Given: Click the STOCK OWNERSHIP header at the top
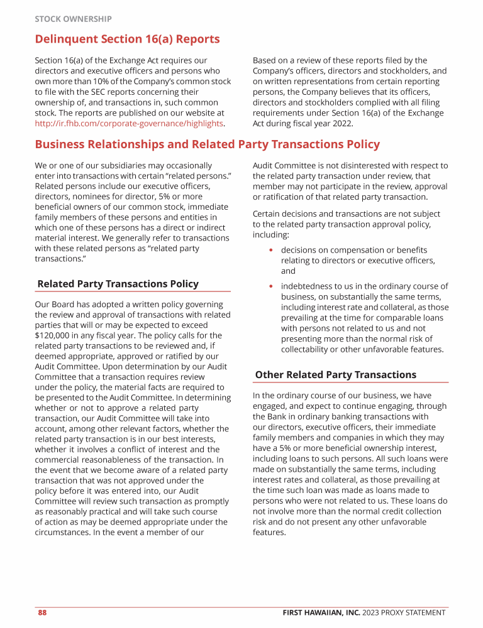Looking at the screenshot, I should pyautogui.click(x=73, y=19).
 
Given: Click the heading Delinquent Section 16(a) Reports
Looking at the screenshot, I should pyautogui.click(x=127, y=39).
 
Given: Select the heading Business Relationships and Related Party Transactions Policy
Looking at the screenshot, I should pyautogui.click(x=207, y=144).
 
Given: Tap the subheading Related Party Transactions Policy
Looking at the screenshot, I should pyautogui.click(x=118, y=284).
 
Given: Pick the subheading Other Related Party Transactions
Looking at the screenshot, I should pyautogui.click(x=335, y=375).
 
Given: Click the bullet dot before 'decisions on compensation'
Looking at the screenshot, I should pyautogui.click(x=270, y=251).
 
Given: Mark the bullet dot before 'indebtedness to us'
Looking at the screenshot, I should pyautogui.click(x=270, y=286).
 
